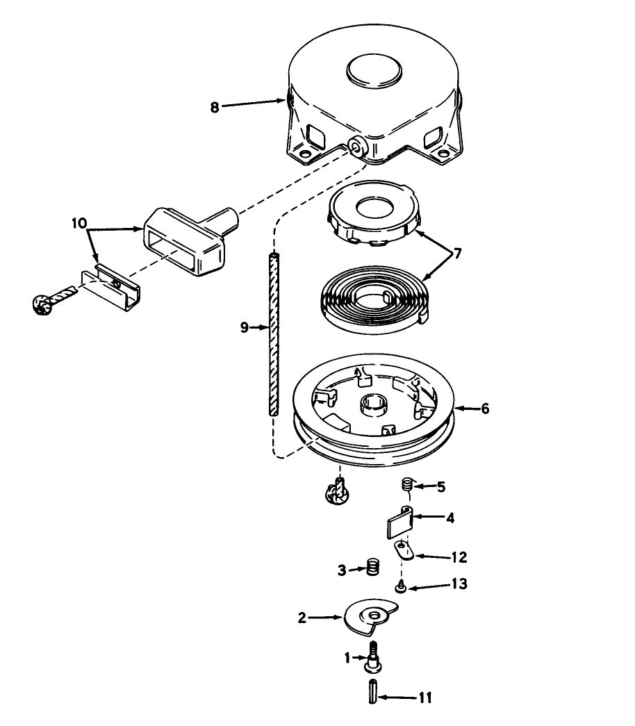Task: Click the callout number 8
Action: [x=215, y=108]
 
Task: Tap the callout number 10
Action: [x=79, y=223]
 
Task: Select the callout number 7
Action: [x=457, y=254]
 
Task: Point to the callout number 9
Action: [x=245, y=328]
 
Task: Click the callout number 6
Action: [x=485, y=409]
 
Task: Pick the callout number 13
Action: [x=459, y=584]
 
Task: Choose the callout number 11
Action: [x=425, y=698]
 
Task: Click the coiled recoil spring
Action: [x=376, y=299]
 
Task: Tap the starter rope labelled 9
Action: [x=274, y=333]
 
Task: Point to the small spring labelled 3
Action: [x=373, y=567]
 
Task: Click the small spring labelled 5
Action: [x=406, y=484]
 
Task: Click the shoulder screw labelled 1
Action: [x=373, y=657]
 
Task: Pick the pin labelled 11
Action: [x=373, y=691]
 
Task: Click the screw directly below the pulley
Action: [x=338, y=491]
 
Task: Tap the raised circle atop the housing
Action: [x=374, y=71]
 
